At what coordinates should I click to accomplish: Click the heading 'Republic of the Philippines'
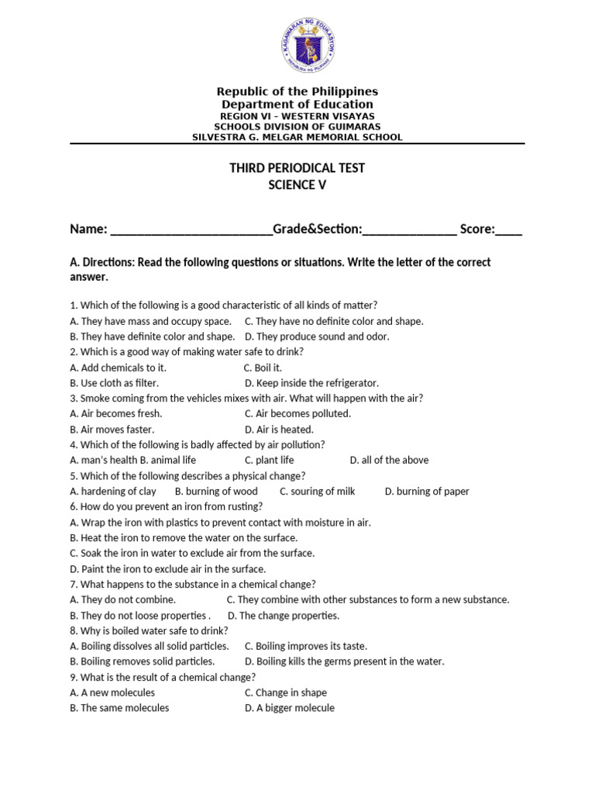[x=297, y=91]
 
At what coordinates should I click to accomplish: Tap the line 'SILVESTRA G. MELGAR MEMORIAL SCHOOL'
[x=297, y=137]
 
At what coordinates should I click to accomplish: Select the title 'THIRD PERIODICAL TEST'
[x=297, y=168]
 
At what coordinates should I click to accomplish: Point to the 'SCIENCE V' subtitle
[x=297, y=185]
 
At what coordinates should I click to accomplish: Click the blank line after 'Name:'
[x=191, y=230]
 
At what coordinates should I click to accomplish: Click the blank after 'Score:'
[x=509, y=230]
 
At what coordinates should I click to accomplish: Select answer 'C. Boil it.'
[x=263, y=368]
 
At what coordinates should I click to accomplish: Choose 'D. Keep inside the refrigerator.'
[x=311, y=383]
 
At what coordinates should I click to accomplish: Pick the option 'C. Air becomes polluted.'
[x=297, y=414]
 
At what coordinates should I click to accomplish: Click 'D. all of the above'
[x=389, y=460]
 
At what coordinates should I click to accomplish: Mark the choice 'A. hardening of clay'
[x=113, y=491]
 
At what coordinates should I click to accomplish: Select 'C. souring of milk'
[x=318, y=491]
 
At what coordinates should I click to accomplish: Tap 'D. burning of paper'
[x=427, y=491]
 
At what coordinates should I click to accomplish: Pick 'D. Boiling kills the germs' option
[x=345, y=661]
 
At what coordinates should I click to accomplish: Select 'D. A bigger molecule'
[x=290, y=708]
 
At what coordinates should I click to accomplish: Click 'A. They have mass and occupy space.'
[x=150, y=321]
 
